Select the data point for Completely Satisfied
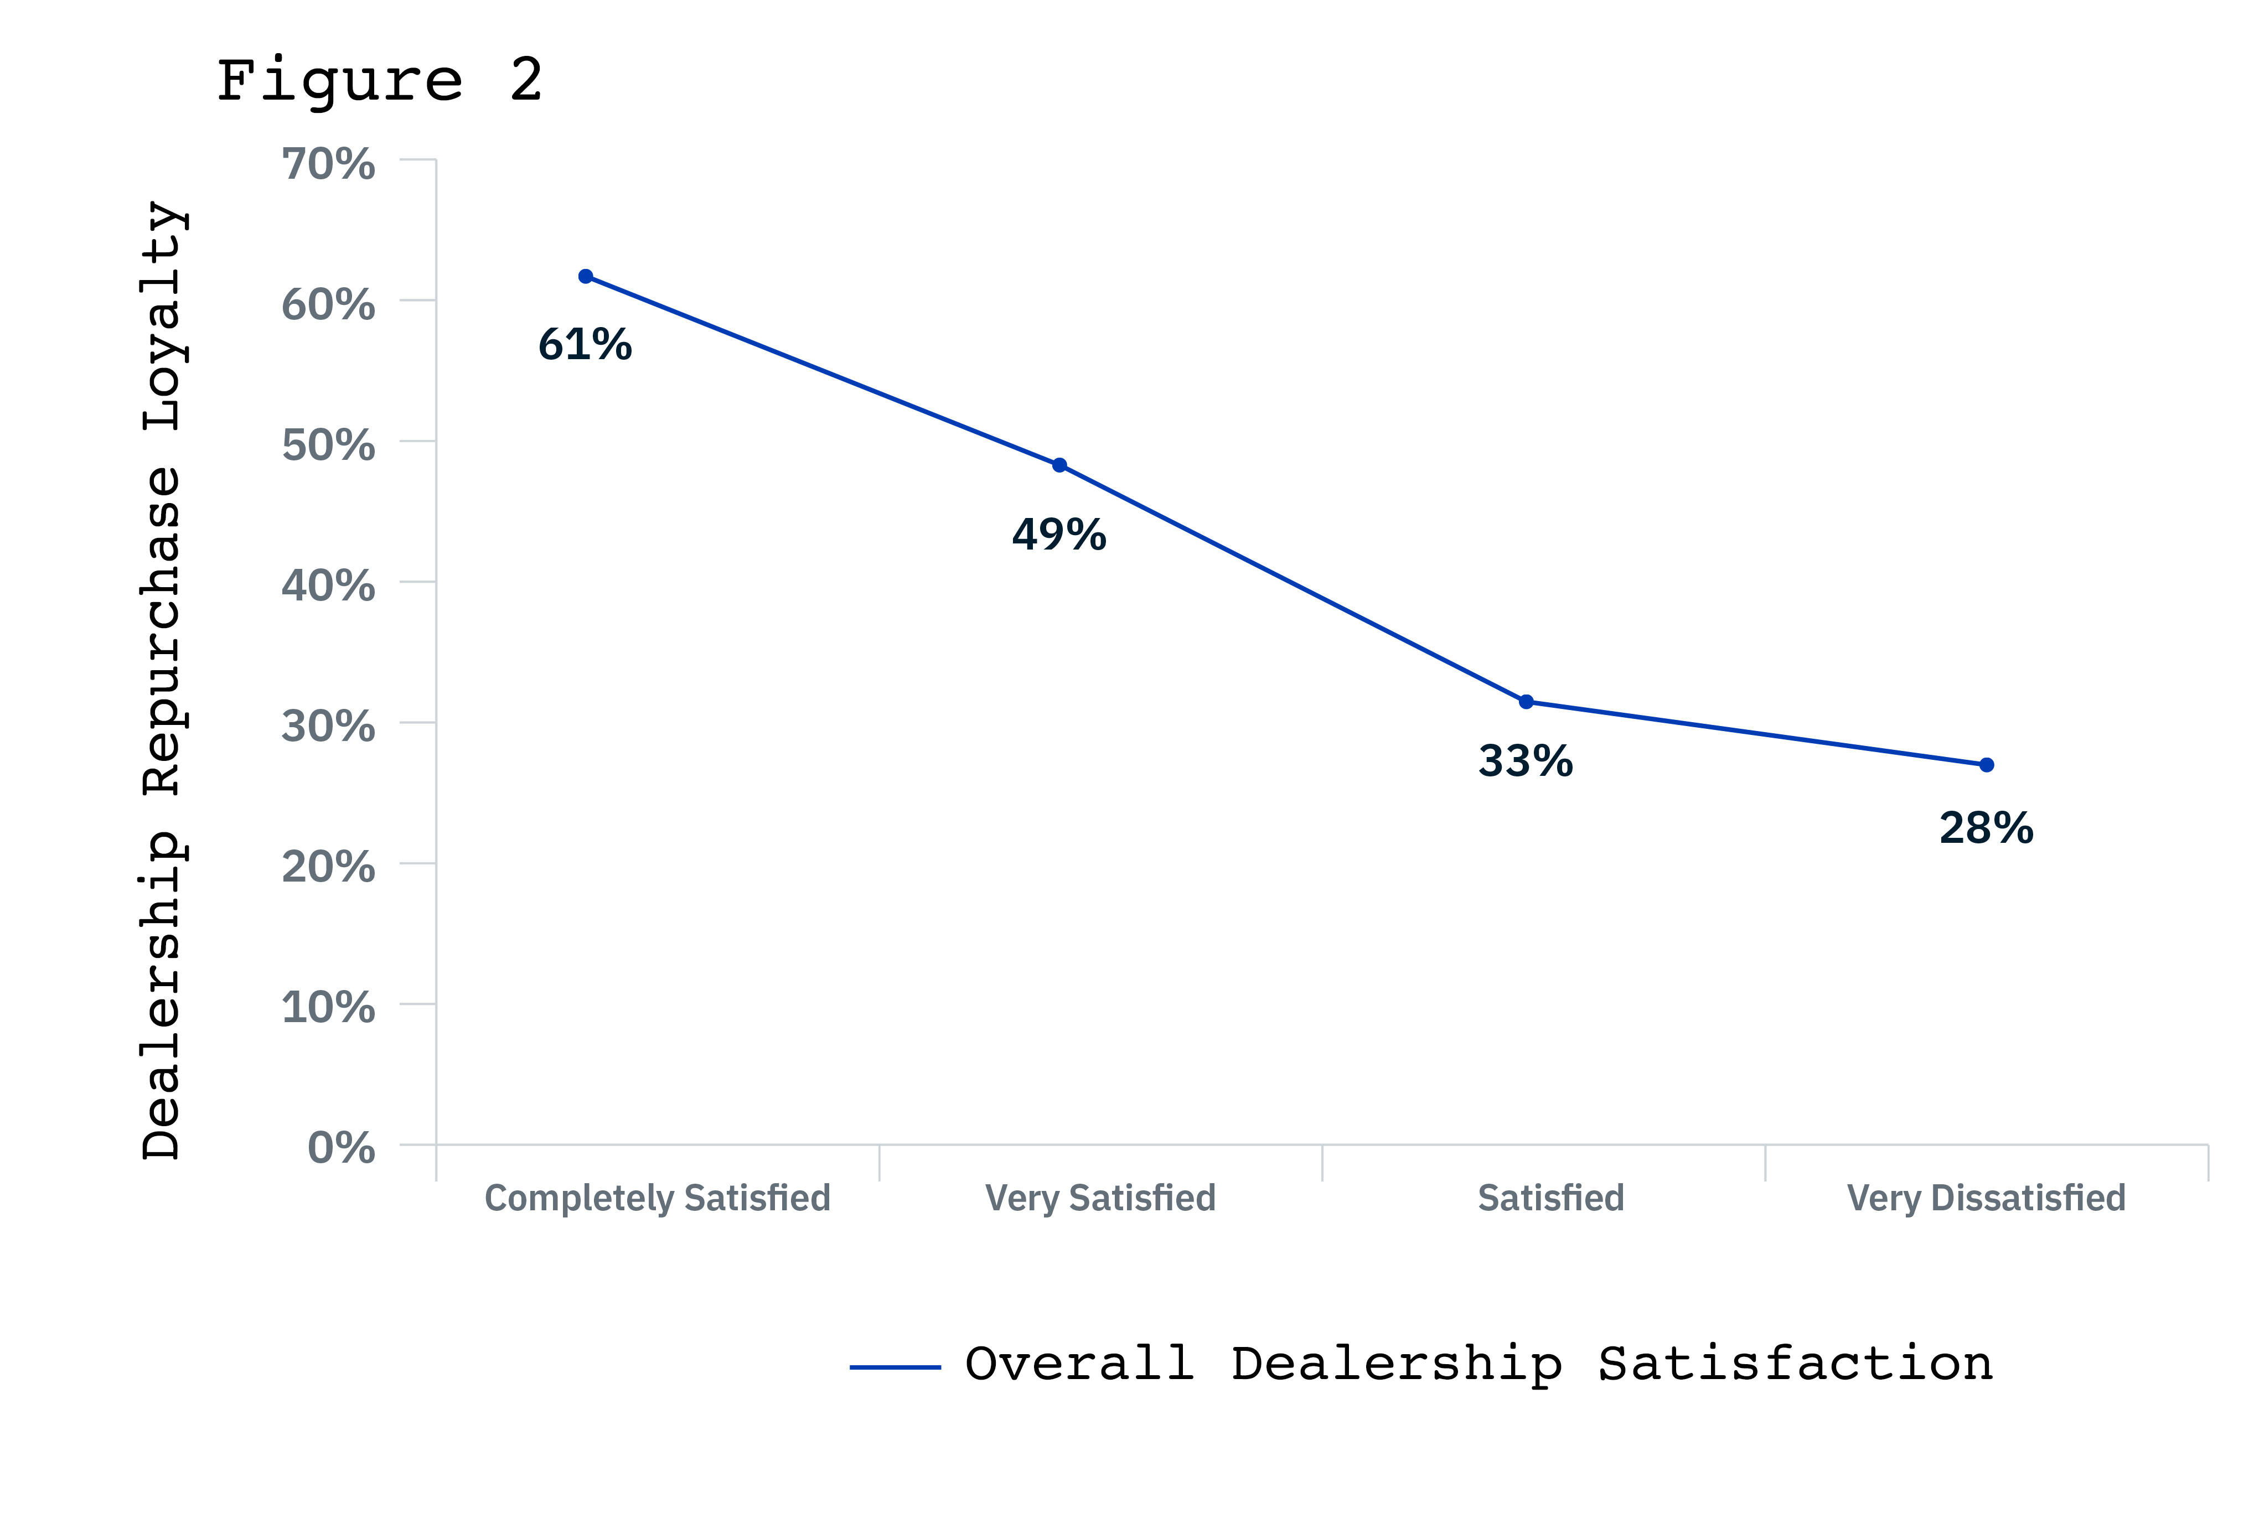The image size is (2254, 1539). tap(586, 276)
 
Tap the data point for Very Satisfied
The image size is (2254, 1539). tap(1059, 465)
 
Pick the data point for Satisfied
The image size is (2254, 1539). tap(1526, 701)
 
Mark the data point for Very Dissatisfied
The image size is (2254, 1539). tap(1986, 765)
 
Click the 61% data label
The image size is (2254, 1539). tap(585, 344)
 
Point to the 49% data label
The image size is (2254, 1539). tap(1059, 535)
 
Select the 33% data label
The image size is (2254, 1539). tap(1526, 761)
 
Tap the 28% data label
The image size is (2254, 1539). tap(1986, 828)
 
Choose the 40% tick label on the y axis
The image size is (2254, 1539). tap(328, 585)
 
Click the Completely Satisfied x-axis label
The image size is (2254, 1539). tap(658, 1199)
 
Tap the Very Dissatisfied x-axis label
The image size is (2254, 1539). tap(1986, 1199)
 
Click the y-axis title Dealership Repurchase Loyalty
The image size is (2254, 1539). tap(162, 679)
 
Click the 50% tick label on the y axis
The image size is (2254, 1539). tap(328, 445)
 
